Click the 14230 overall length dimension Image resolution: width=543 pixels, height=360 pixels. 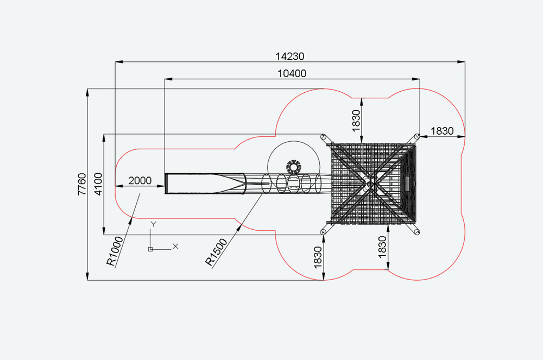290,56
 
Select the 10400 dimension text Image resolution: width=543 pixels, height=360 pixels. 292,74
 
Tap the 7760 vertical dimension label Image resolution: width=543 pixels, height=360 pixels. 82,185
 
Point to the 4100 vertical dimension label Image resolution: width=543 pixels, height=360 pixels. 99,185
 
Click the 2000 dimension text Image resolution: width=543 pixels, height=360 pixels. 140,181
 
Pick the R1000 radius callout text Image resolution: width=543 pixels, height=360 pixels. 115,251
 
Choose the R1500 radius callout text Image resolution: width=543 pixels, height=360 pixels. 216,252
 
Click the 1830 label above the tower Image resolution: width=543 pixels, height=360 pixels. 356,121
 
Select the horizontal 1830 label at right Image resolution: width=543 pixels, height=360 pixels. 442,131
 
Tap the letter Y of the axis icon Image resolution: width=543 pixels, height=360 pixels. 154,224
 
